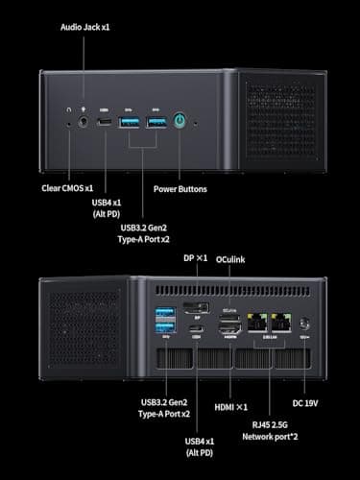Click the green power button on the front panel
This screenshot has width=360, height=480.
pyautogui.click(x=179, y=122)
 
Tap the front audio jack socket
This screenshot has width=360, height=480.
pyautogui.click(x=84, y=122)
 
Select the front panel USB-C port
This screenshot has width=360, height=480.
pyautogui.click(x=105, y=122)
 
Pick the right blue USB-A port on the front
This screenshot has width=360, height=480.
pyautogui.click(x=156, y=122)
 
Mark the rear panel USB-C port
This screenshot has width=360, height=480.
pyautogui.click(x=197, y=330)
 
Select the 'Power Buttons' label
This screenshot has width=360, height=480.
pyautogui.click(x=180, y=188)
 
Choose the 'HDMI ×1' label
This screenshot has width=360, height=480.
pyautogui.click(x=231, y=407)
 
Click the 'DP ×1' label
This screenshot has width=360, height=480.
pyautogui.click(x=195, y=285)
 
